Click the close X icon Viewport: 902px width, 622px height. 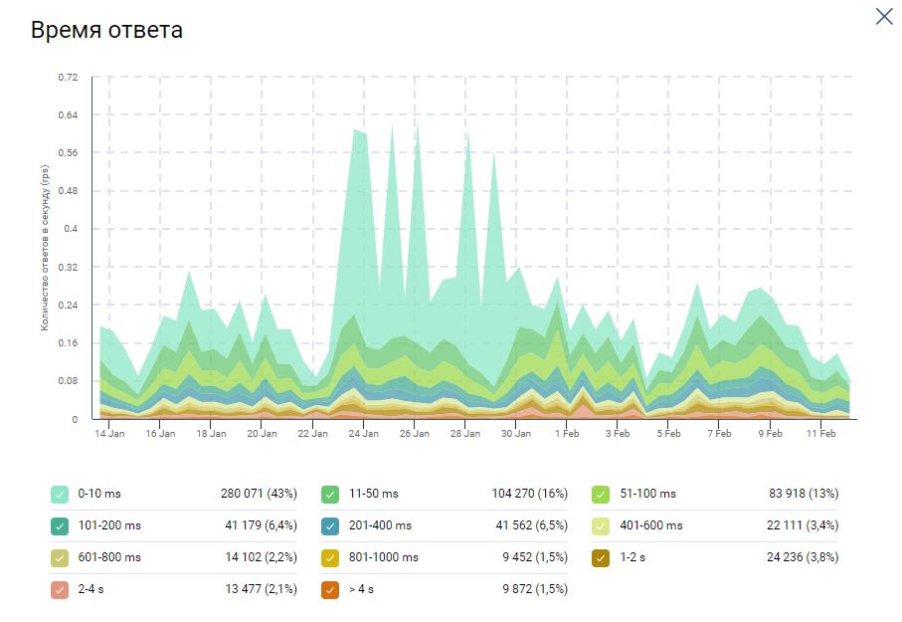(883, 17)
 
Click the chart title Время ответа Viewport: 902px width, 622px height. (106, 30)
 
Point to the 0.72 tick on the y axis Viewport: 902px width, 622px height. (69, 77)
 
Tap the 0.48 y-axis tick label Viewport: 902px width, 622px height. (69, 191)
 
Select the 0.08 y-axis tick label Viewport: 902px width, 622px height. (69, 381)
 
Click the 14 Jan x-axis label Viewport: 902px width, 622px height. (109, 434)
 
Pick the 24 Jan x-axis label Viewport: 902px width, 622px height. (363, 434)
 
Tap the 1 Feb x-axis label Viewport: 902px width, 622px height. (567, 434)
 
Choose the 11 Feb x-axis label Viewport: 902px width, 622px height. (820, 434)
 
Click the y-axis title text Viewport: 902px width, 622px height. (46, 249)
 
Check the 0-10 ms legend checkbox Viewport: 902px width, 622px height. (61, 494)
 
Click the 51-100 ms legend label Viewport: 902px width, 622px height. (647, 494)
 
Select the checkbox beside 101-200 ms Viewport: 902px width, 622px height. (61, 525)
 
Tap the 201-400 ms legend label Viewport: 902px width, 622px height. (380, 525)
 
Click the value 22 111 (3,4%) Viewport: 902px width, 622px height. (801, 525)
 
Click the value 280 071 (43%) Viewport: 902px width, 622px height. (259, 494)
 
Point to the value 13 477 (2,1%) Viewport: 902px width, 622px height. (263, 589)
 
